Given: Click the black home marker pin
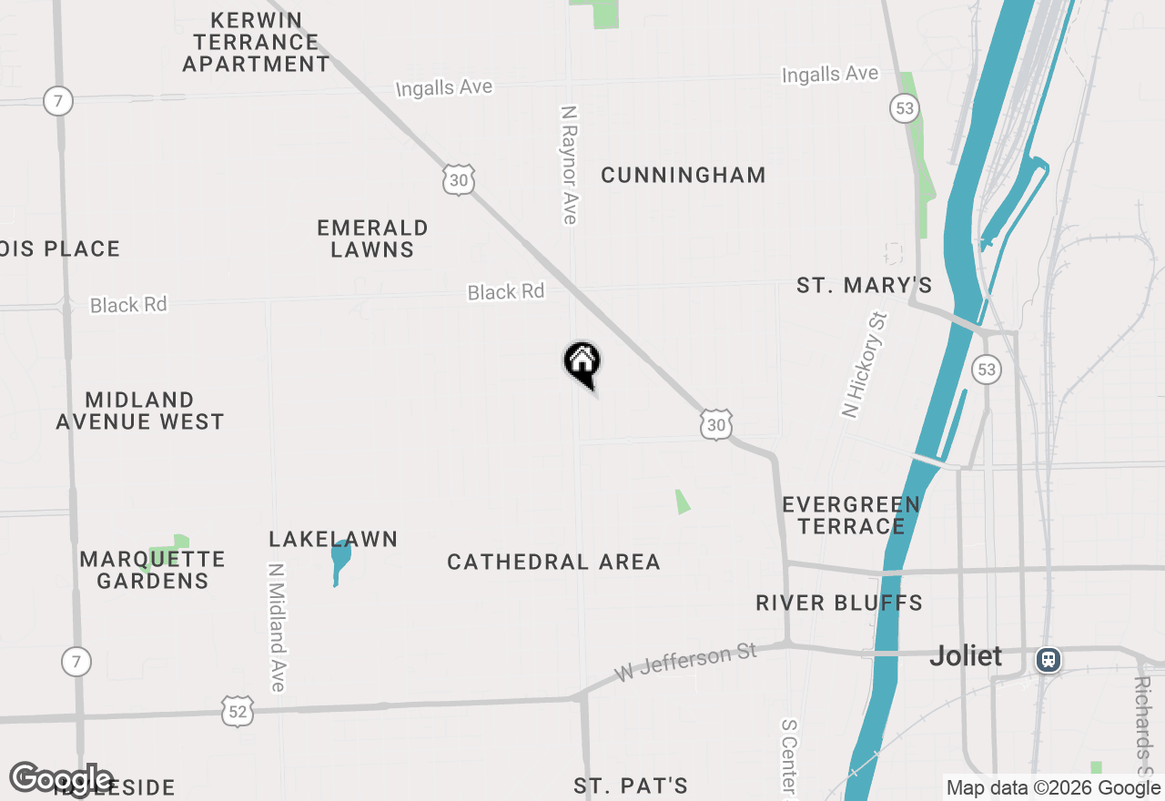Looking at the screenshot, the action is pyautogui.click(x=582, y=363).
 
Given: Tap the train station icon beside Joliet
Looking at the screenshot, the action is pyautogui.click(x=1048, y=658).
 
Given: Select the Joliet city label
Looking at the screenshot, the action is pyautogui.click(x=966, y=656).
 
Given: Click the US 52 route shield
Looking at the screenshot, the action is pyautogui.click(x=237, y=711).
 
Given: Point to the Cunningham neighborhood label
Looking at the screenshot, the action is pyautogui.click(x=683, y=175).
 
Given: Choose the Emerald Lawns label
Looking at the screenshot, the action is pyautogui.click(x=372, y=238).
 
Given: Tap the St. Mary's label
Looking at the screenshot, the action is pyautogui.click(x=864, y=286).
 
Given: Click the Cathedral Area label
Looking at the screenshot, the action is pyautogui.click(x=553, y=563).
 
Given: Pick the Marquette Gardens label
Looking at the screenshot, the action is pyautogui.click(x=152, y=570).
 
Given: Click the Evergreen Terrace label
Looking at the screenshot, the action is pyautogui.click(x=851, y=515).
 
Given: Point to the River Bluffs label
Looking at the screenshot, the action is pyautogui.click(x=839, y=603).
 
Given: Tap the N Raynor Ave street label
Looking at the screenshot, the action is pyautogui.click(x=570, y=164).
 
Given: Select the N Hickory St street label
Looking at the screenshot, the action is pyautogui.click(x=864, y=364).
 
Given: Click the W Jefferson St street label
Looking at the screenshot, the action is pyautogui.click(x=685, y=664).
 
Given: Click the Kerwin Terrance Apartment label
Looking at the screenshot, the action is pyautogui.click(x=256, y=42).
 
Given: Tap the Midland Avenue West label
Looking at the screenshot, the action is pyautogui.click(x=140, y=411).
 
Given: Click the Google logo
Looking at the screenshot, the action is pyautogui.click(x=61, y=779).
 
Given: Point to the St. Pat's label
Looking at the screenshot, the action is pyautogui.click(x=631, y=786).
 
